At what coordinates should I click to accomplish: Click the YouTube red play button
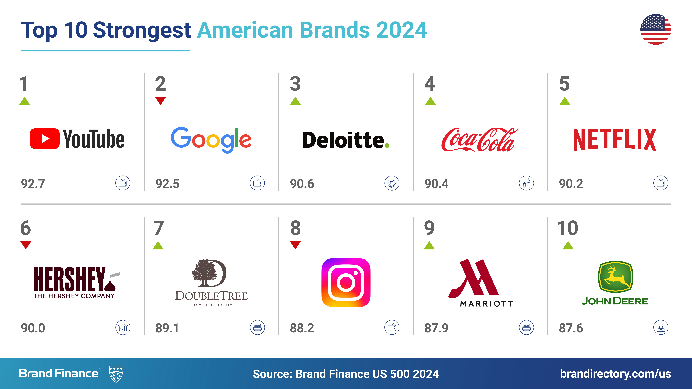point(45,139)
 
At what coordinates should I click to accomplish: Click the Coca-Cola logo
point(480,139)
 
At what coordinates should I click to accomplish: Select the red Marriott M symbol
point(473,278)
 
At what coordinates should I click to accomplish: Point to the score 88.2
point(302,328)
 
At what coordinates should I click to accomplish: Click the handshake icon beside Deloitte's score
point(392,183)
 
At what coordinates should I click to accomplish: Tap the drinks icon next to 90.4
point(527,183)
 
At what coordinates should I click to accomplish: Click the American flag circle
point(656,29)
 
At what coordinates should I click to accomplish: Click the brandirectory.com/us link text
point(615,374)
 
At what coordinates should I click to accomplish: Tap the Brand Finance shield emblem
point(116,374)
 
